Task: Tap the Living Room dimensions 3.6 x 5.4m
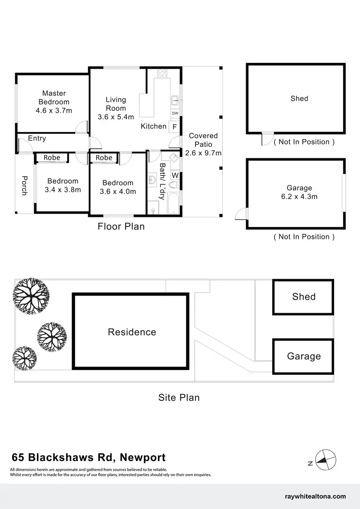[x=116, y=117]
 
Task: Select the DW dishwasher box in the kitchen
[x=175, y=113]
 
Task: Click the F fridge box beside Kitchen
[x=175, y=127]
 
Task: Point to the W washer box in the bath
[x=175, y=176]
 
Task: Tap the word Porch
[x=24, y=186]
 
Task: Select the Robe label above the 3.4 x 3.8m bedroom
[x=52, y=157]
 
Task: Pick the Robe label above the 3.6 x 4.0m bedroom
[x=104, y=157]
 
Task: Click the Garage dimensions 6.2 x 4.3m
[x=299, y=197]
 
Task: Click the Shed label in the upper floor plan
[x=299, y=98]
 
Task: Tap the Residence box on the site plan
[x=132, y=332]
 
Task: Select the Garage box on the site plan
[x=303, y=356]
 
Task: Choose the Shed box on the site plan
[x=303, y=297]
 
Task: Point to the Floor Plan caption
[x=121, y=226]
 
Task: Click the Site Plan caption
[x=179, y=397]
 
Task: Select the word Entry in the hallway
[x=37, y=138]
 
